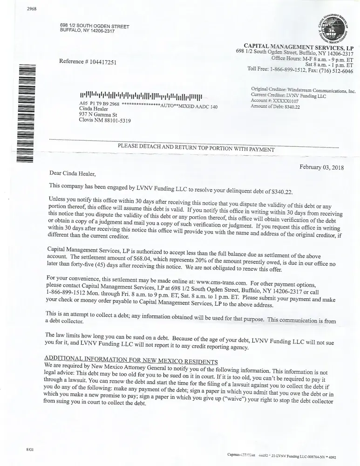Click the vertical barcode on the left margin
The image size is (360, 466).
point(23,115)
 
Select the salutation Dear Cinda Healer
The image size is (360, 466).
point(72,174)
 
